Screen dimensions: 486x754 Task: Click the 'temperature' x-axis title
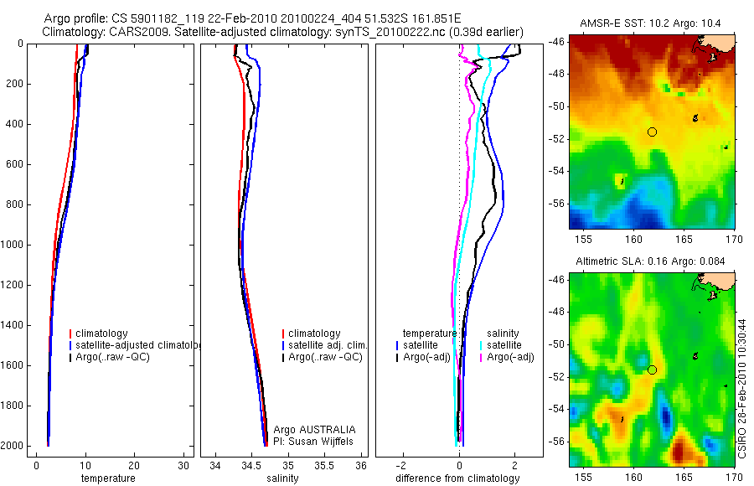pyautogui.click(x=107, y=478)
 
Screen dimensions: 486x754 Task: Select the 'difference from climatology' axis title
pyautogui.click(x=457, y=478)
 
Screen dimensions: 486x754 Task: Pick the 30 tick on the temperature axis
pyautogui.click(x=183, y=465)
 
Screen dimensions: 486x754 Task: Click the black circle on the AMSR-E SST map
pyautogui.click(x=652, y=132)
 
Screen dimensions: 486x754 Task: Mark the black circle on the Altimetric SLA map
pyautogui.click(x=652, y=370)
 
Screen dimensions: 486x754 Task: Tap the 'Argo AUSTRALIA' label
pyautogui.click(x=309, y=430)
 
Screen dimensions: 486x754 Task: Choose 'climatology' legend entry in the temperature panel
pyautogui.click(x=106, y=333)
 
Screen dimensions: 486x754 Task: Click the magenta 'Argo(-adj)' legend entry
pyautogui.click(x=510, y=357)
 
